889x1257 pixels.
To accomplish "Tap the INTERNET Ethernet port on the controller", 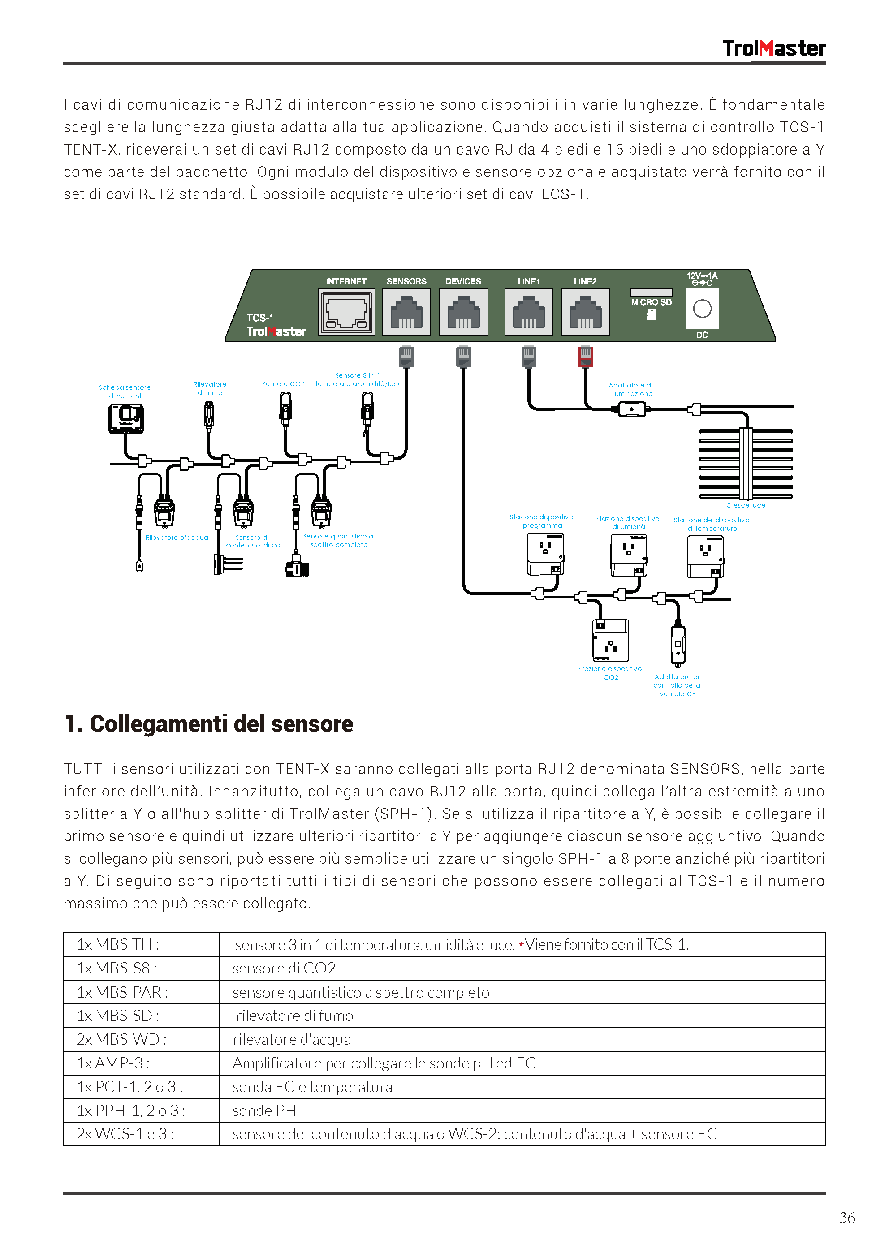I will coord(346,311).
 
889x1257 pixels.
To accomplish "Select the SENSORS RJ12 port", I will coord(406,311).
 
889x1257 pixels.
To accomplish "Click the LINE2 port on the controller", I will coord(585,311).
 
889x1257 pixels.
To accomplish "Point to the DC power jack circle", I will coord(702,309).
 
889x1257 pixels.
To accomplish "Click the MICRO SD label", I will coord(651,302).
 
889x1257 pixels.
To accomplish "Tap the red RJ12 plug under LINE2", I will coord(585,357).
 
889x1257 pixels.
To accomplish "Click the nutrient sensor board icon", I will coord(126,418).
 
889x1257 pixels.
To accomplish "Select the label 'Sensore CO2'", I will coord(283,384).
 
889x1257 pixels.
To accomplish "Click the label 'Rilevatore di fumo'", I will coord(210,388).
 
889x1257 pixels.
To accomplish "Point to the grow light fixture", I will coord(746,463).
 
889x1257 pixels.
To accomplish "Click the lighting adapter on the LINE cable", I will coord(631,409).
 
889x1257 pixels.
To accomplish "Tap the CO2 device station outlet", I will coord(610,641).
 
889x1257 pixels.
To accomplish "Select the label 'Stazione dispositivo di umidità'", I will coord(628,522).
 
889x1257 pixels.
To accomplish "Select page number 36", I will coord(846,1218).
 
